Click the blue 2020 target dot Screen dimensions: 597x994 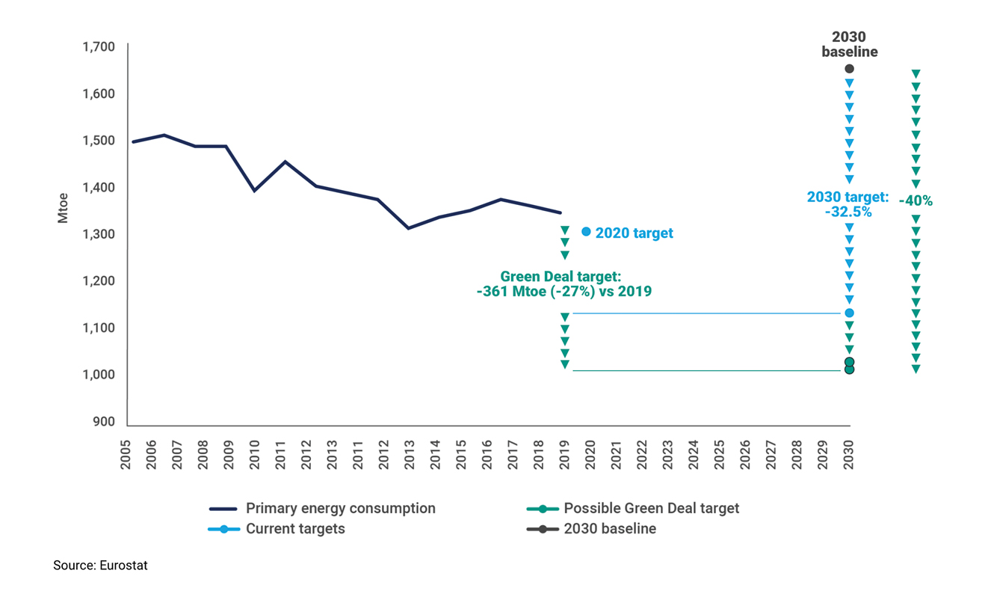coord(586,232)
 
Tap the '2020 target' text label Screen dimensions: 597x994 coord(634,233)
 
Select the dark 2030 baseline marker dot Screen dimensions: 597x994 coord(849,69)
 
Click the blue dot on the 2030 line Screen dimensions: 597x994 coord(849,313)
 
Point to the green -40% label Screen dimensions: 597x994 coord(916,200)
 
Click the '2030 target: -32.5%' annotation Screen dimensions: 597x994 coord(848,203)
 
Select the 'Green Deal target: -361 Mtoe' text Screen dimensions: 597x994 coord(564,284)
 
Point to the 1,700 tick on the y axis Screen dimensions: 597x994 coord(98,47)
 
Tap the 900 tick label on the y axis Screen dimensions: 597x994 coord(104,422)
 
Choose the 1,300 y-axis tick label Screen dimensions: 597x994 coord(98,234)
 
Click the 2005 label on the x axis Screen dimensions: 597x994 coord(126,456)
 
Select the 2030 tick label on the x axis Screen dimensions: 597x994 coord(849,456)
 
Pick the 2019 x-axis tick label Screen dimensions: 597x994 coord(565,456)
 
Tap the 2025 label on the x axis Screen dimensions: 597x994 coord(719,456)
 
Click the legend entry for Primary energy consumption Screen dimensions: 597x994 coord(340,509)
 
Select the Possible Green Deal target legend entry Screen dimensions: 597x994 coord(651,509)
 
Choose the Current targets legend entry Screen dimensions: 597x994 coord(295,529)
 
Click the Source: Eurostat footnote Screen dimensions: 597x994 coord(100,566)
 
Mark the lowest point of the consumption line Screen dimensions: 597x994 coord(409,228)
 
